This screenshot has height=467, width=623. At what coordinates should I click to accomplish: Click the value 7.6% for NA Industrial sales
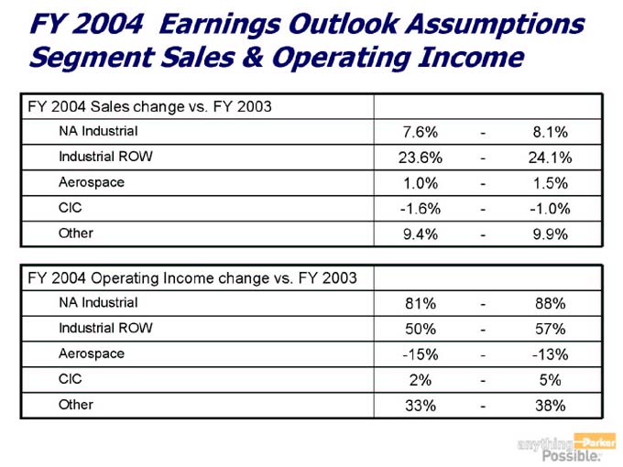(420, 132)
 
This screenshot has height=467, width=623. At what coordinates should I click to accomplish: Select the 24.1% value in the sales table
(551, 157)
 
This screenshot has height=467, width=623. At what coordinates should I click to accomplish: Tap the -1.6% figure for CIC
(420, 208)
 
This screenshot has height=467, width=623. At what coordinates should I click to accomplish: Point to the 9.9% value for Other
(551, 233)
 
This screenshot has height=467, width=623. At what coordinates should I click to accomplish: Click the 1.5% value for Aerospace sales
(551, 183)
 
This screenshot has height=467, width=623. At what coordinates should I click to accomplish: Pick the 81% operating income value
(420, 303)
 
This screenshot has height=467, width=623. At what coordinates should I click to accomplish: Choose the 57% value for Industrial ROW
(551, 329)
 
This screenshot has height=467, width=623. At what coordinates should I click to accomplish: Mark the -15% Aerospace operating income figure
(420, 354)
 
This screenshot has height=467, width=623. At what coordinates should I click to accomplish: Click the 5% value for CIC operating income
(551, 380)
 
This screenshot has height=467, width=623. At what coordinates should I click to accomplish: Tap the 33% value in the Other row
(420, 405)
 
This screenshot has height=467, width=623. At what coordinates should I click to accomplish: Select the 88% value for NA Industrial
(551, 303)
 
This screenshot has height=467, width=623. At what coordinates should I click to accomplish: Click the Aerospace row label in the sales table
(92, 182)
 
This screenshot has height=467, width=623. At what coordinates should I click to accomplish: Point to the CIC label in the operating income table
(71, 379)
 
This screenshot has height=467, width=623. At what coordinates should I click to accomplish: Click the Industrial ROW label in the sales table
(105, 157)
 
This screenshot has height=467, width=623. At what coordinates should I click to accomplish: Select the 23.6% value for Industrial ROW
(420, 157)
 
